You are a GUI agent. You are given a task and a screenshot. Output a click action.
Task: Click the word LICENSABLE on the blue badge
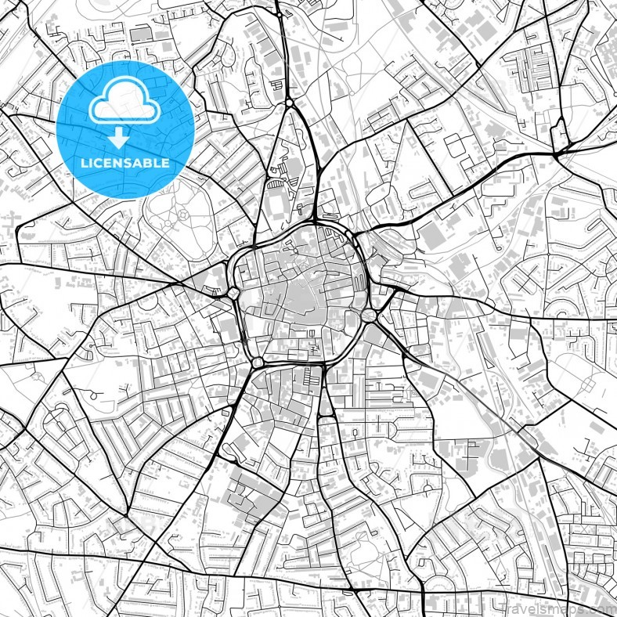point(125,163)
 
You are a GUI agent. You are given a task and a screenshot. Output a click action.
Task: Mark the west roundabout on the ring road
point(234,294)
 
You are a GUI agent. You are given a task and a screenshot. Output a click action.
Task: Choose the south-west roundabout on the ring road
point(258,363)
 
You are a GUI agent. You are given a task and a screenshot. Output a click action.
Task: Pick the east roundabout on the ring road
point(368,316)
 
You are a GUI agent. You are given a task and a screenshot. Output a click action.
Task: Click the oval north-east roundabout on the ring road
point(349,233)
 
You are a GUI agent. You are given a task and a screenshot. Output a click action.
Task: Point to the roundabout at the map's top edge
point(279,13)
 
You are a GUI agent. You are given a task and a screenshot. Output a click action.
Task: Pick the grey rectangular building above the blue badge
point(140,34)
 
